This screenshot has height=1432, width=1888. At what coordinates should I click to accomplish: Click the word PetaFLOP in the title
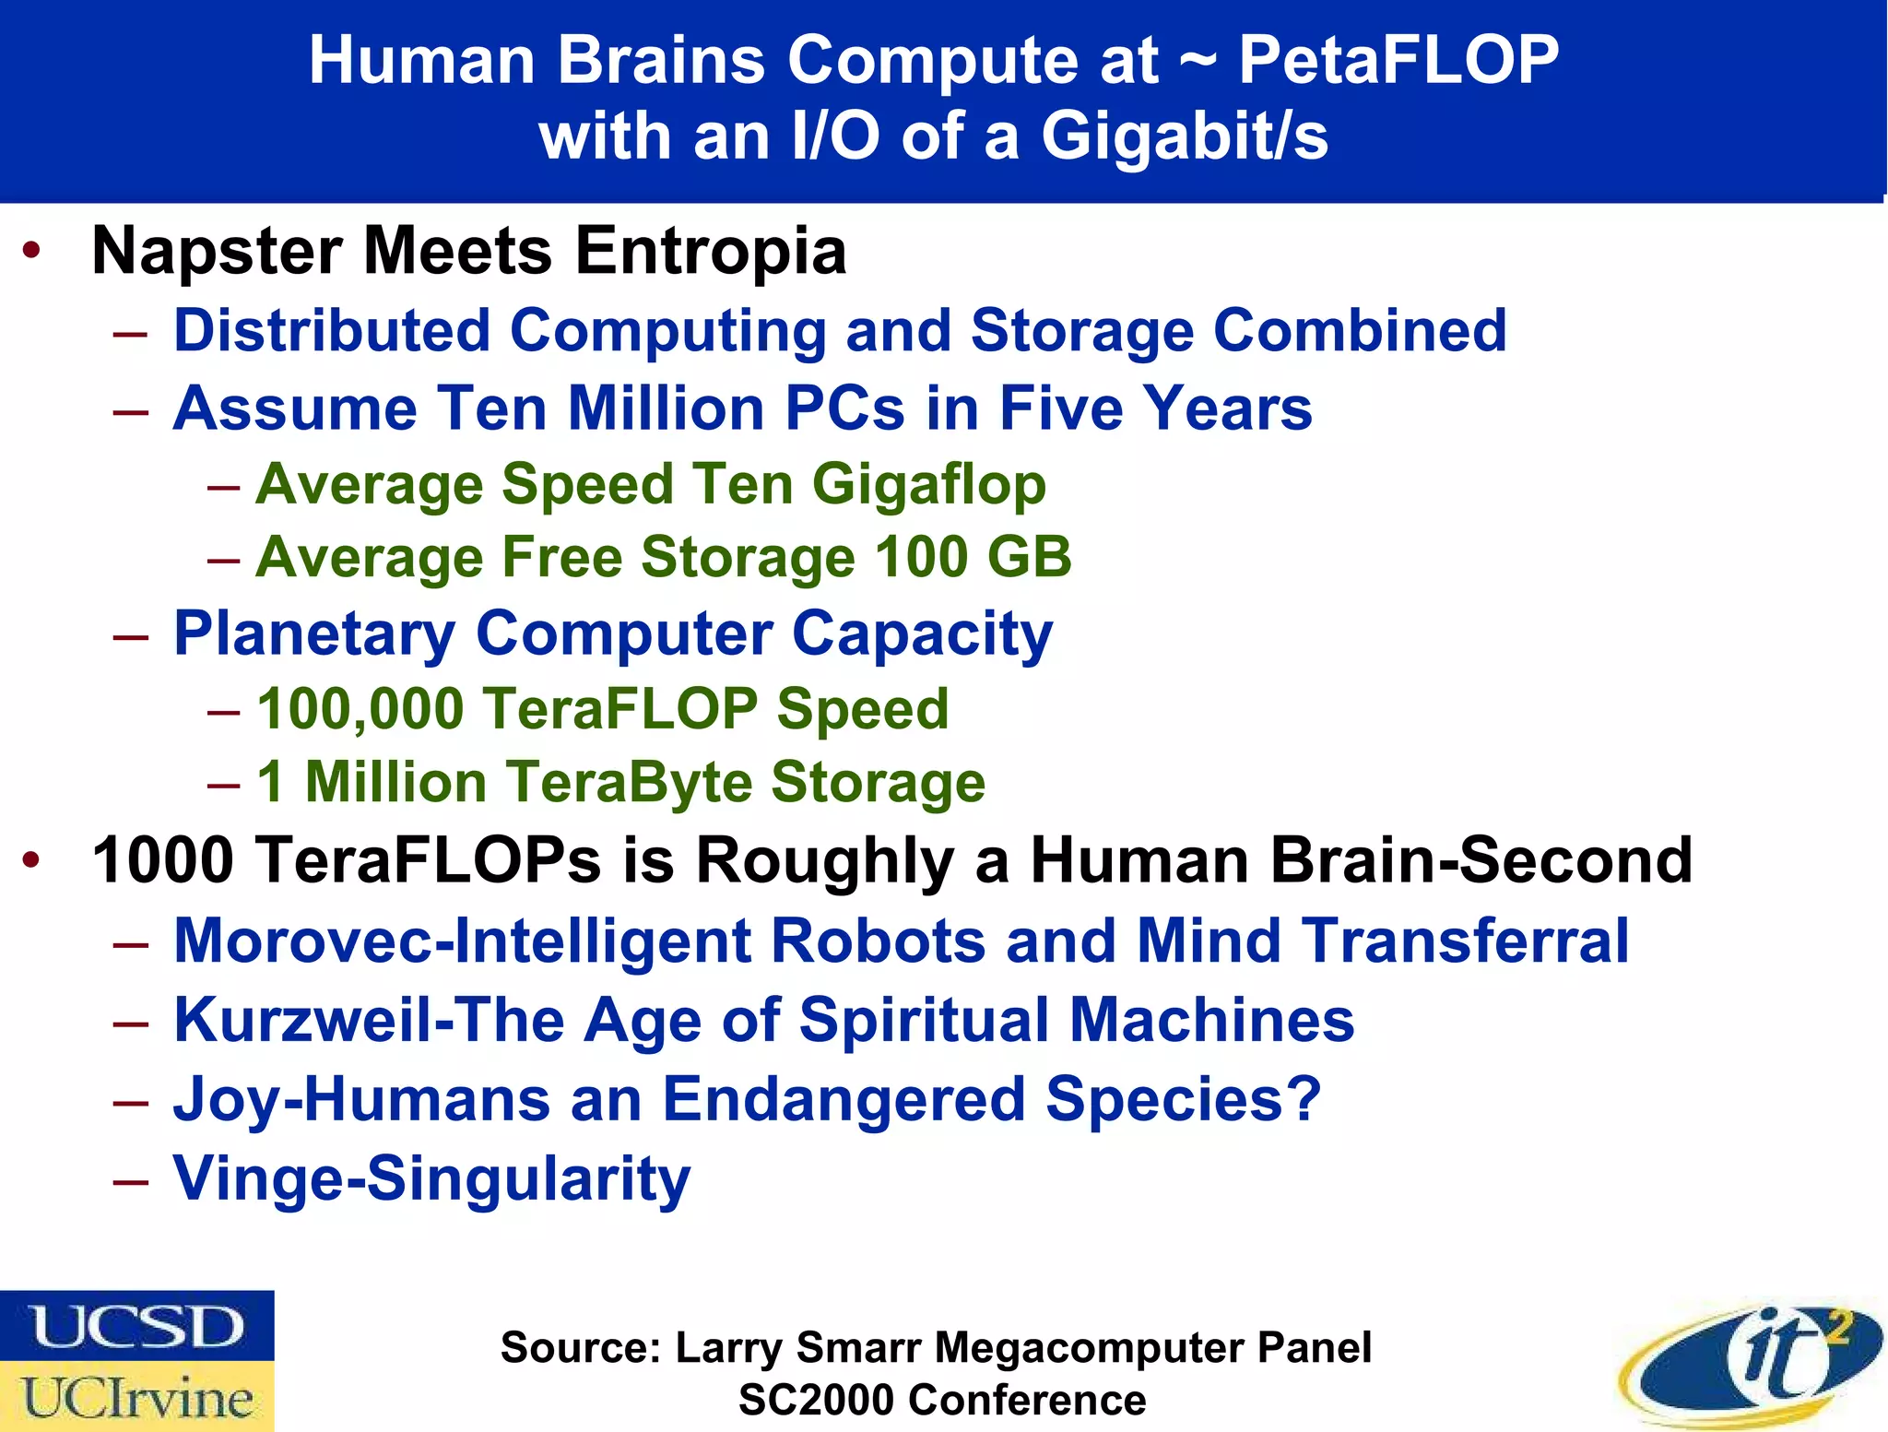pos(1398,61)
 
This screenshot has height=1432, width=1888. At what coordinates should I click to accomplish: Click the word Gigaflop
pos(929,484)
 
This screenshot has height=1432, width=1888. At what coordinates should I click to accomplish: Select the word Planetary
pos(314,634)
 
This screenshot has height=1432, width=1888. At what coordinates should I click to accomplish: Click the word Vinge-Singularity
pos(431,1178)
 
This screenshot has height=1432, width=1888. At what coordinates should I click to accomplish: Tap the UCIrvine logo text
pos(137,1398)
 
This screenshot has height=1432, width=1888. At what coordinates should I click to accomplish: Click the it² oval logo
pos(1752,1364)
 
